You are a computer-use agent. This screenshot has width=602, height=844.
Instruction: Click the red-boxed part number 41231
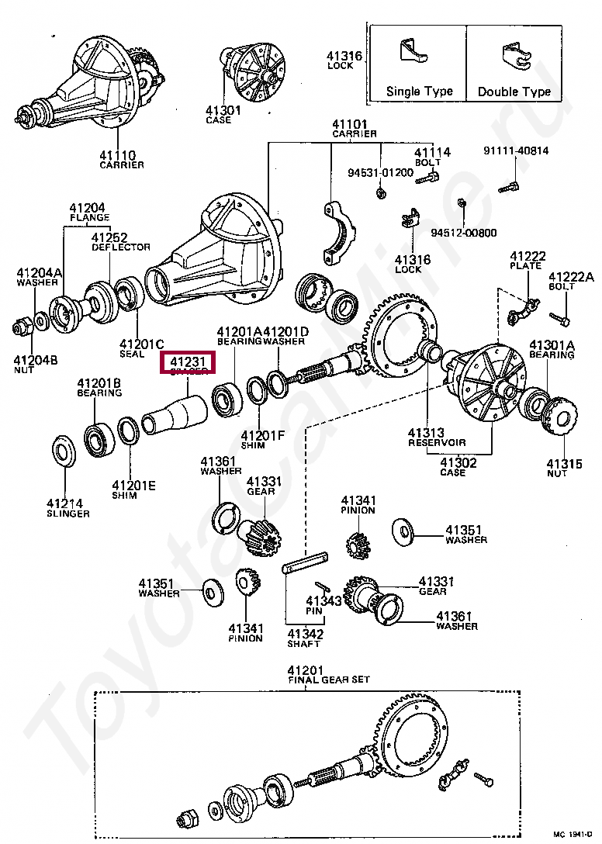[187, 361]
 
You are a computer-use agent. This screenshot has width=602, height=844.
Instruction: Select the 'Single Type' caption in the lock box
[419, 92]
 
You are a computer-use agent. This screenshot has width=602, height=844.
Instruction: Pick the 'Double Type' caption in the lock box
[514, 92]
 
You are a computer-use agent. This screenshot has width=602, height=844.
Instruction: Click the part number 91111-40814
[516, 150]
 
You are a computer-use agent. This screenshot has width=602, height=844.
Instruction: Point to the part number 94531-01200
[380, 171]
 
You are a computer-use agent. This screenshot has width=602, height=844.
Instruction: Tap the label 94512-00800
[464, 232]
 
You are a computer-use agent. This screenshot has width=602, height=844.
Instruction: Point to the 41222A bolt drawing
[560, 317]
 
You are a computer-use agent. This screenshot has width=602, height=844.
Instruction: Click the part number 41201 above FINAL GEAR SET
[304, 670]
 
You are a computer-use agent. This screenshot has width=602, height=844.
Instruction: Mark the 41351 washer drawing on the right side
[402, 529]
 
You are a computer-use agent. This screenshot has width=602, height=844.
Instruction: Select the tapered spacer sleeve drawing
[175, 415]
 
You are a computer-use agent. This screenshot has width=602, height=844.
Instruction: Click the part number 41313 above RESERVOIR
[426, 433]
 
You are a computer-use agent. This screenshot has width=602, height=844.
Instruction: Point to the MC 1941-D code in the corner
[572, 834]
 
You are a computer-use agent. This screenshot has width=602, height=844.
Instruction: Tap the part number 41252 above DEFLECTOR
[109, 237]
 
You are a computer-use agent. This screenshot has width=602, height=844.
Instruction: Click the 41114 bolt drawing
[426, 178]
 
